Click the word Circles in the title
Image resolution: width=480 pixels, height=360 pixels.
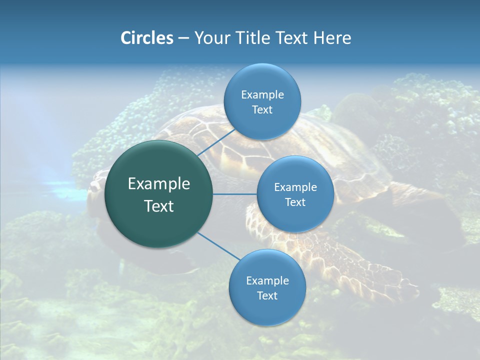(147, 38)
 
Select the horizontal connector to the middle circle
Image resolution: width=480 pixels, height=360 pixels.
(235, 194)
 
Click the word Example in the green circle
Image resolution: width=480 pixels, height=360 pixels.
(159, 184)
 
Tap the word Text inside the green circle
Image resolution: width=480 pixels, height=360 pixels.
(159, 206)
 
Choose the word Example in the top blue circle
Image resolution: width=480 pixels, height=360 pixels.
(262, 95)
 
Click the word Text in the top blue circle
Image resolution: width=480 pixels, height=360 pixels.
(262, 110)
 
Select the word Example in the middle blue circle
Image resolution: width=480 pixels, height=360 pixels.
(295, 187)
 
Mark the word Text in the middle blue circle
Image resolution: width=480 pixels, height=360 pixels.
(295, 202)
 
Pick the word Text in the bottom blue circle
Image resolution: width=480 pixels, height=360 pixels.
(267, 296)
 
